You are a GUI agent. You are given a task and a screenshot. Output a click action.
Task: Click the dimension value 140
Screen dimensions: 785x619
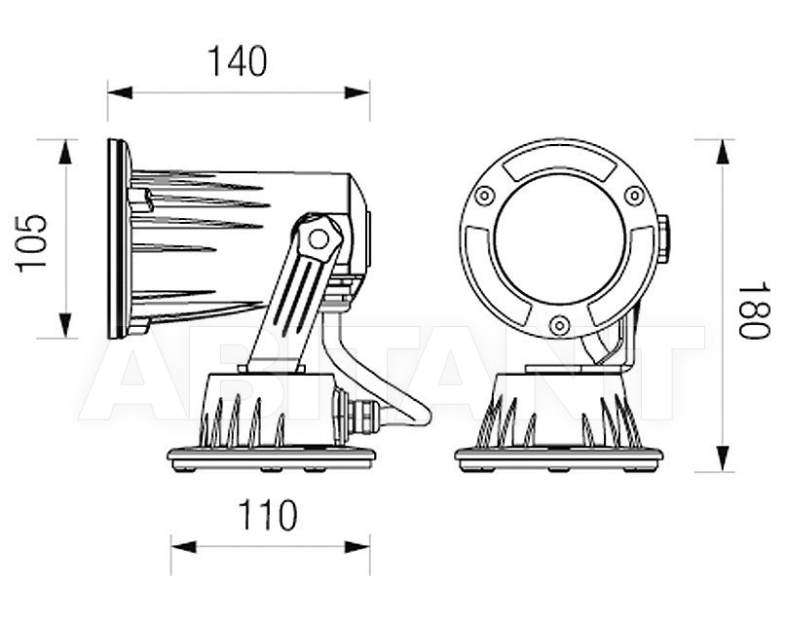(x=238, y=61)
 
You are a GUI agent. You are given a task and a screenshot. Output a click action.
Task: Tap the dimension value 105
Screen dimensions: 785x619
(x=31, y=243)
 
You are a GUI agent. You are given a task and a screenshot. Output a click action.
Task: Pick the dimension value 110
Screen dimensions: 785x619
(x=268, y=515)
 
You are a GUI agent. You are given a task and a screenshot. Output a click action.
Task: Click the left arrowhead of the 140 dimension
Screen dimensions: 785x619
(x=120, y=92)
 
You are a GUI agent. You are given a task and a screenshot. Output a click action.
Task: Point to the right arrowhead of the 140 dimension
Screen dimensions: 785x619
(x=357, y=92)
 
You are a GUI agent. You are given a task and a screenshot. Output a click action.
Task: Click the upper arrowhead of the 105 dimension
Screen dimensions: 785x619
(x=65, y=152)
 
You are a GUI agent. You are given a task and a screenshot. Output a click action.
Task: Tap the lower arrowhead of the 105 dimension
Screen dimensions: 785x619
(x=65, y=325)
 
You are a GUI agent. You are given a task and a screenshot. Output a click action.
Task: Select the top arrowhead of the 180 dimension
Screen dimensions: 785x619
(x=722, y=152)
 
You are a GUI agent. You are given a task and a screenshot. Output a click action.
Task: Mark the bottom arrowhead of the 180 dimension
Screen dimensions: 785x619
(x=722, y=458)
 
